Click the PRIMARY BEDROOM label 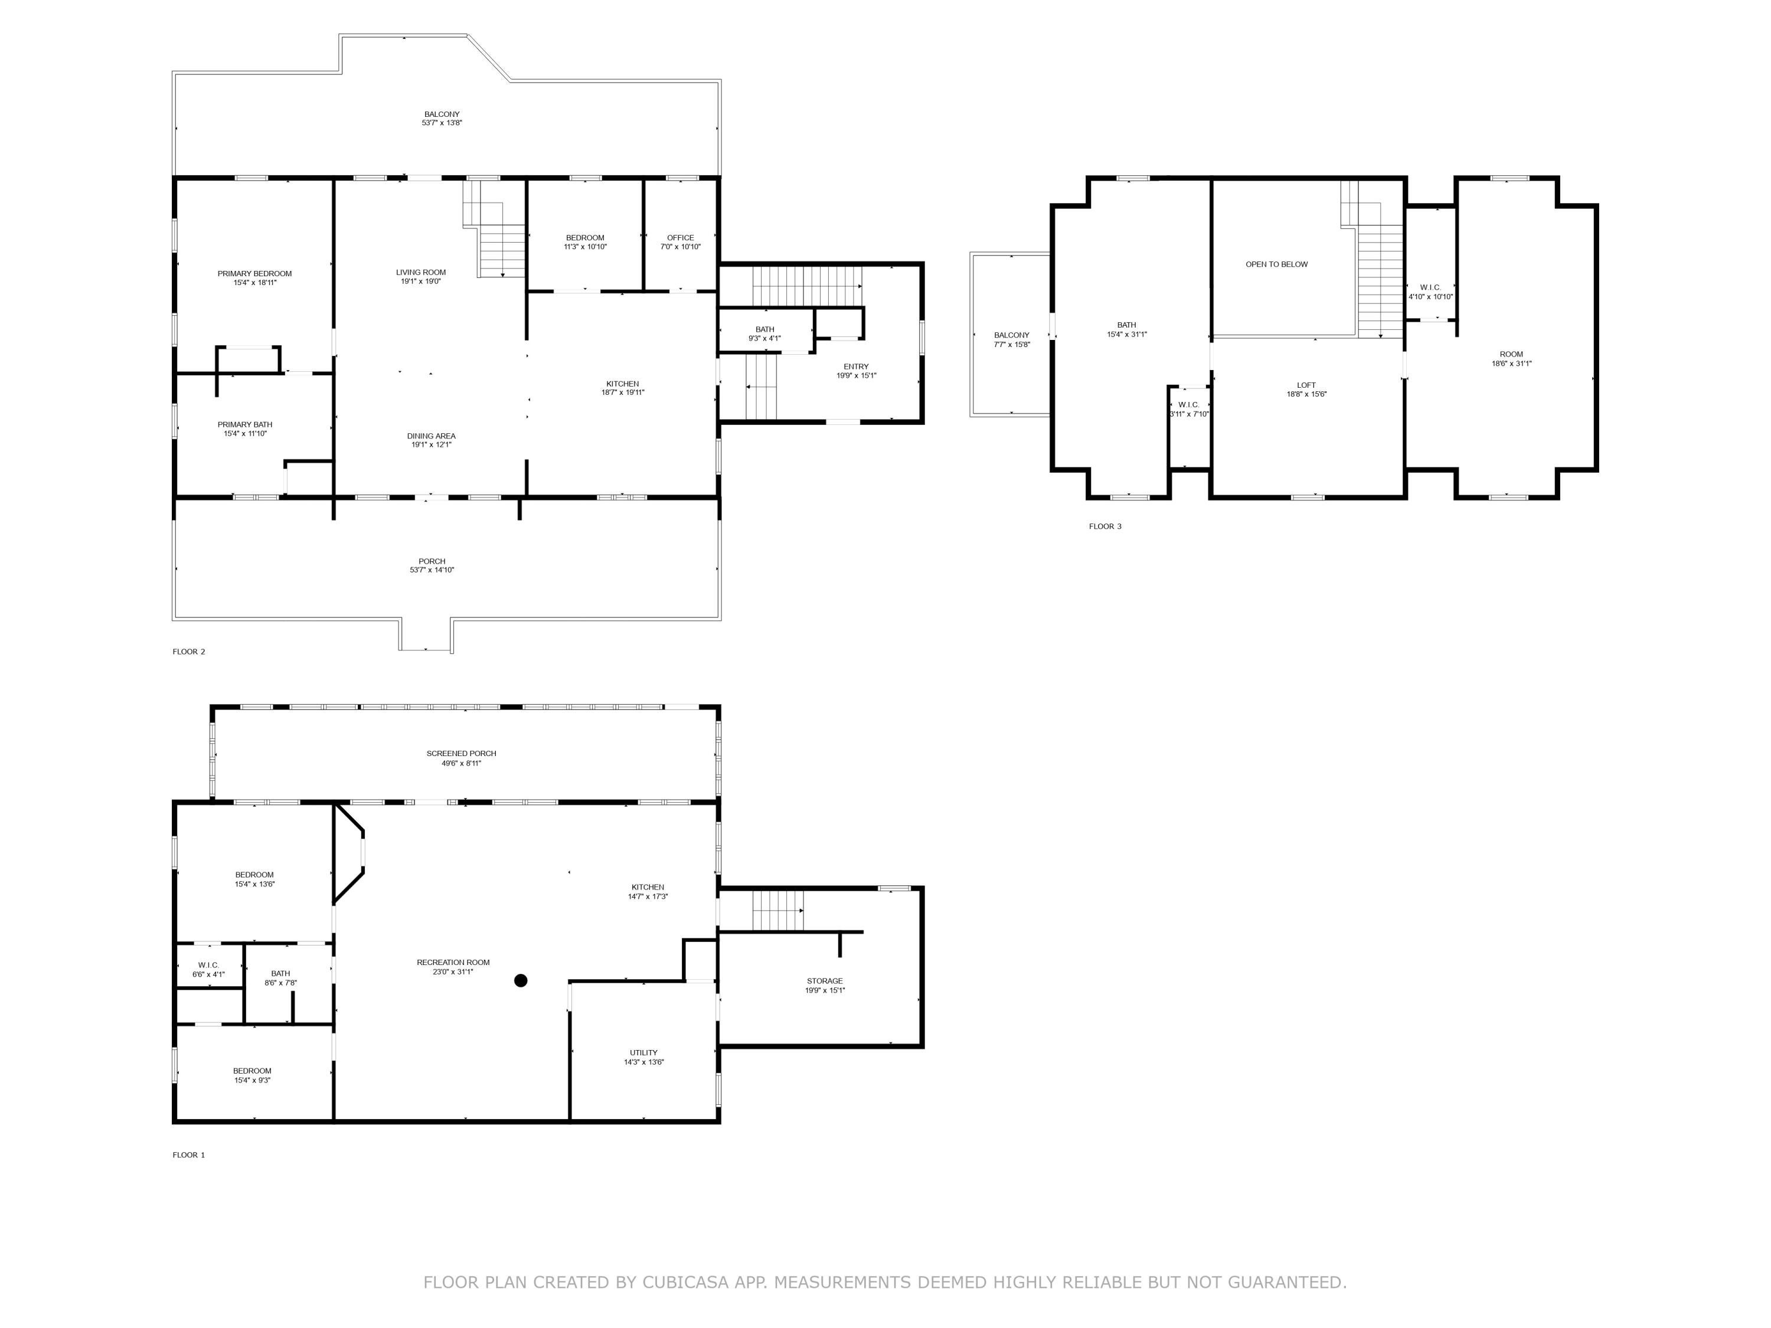(x=254, y=274)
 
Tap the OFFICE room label (x=681, y=238)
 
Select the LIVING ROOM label (x=421, y=272)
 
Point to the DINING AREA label (x=432, y=436)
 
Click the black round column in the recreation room (x=521, y=980)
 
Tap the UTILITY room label (x=643, y=1052)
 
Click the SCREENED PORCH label (x=461, y=753)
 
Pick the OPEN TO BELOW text (x=1277, y=264)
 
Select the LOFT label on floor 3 (x=1306, y=385)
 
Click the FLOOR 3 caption (x=1106, y=526)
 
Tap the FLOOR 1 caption (x=189, y=1154)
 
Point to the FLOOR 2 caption (x=189, y=652)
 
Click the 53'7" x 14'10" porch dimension (x=432, y=570)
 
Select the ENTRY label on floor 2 (x=856, y=367)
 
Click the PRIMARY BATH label (x=245, y=424)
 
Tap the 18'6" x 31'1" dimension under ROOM (x=1512, y=364)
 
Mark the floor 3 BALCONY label (x=1012, y=335)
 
